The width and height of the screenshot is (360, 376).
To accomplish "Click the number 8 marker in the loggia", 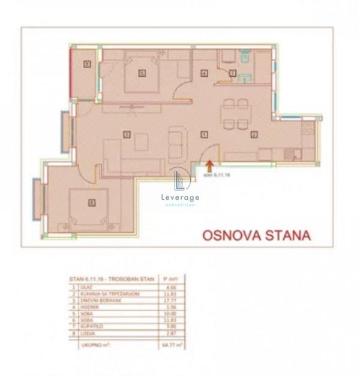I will (86, 64).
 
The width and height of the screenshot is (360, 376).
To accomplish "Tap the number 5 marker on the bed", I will (142, 73).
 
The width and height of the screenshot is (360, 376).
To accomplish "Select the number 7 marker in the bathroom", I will (233, 73).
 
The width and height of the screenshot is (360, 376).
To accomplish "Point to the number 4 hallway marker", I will (205, 73).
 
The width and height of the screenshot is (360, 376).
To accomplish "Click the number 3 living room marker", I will (126, 134).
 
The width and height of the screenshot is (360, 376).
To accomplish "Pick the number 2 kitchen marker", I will (254, 134).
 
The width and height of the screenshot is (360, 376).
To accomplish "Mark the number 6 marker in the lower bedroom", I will (91, 202).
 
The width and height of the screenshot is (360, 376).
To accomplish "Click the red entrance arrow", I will (209, 162).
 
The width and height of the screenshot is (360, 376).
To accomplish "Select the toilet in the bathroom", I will (244, 57).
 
